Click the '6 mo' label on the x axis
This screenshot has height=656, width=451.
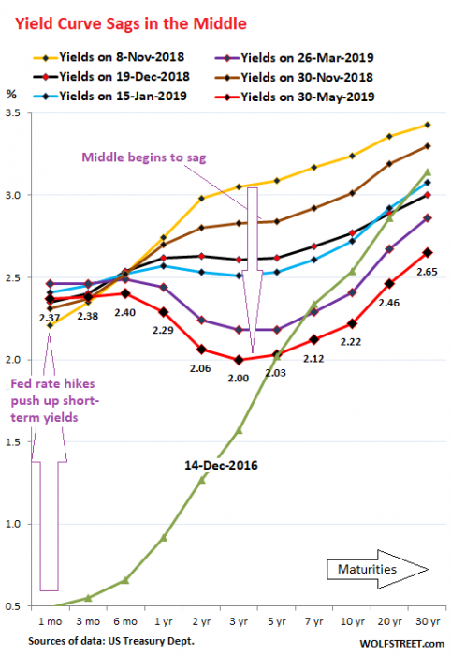click(124, 621)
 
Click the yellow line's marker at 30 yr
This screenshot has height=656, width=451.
click(426, 124)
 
